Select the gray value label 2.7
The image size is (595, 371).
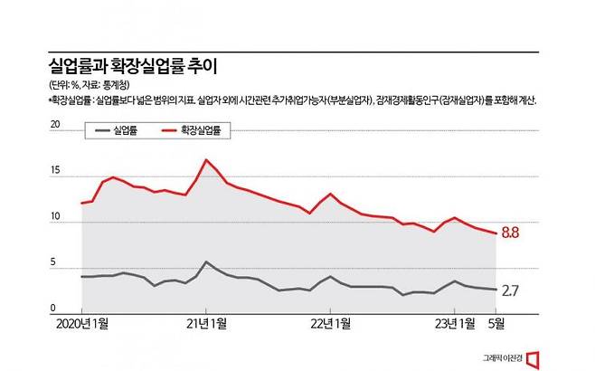pos(510,290)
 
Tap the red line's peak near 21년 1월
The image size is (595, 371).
pos(206,160)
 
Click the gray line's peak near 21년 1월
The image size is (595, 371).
pos(206,262)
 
